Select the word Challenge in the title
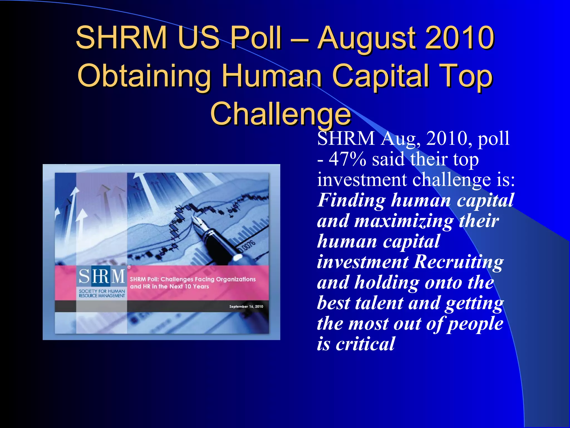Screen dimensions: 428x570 [x=281, y=114]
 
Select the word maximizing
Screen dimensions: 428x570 [x=404, y=221]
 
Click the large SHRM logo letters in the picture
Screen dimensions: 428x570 [x=102, y=276]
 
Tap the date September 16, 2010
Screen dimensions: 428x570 [x=246, y=307]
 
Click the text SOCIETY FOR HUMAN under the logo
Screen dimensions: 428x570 [x=102, y=291]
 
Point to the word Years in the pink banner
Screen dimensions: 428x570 [x=201, y=286]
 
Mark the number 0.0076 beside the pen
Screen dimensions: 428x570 [x=247, y=246]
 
